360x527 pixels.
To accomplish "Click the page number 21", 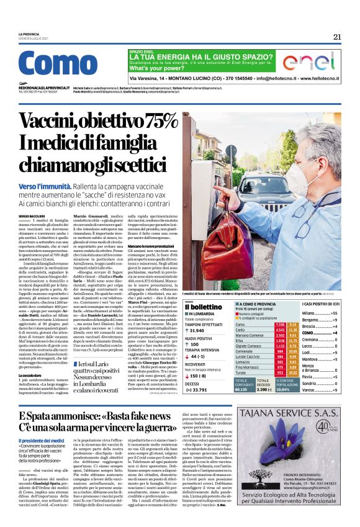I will [x=336, y=37].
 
